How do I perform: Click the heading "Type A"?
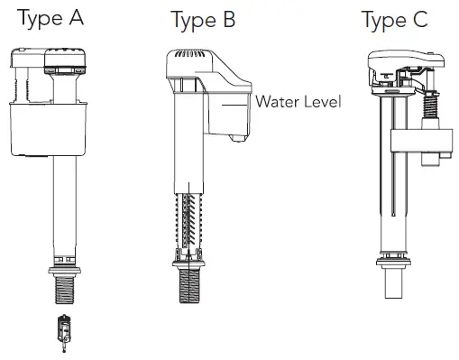pyautogui.click(x=50, y=18)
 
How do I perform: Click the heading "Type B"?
pyautogui.click(x=203, y=20)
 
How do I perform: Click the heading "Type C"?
pyautogui.click(x=395, y=20)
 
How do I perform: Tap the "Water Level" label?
pyautogui.click(x=298, y=101)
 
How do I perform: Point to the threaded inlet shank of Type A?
pyautogui.click(x=65, y=290)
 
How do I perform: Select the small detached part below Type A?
pyautogui.click(x=64, y=333)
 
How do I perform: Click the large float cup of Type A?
pyautogui.click(x=49, y=129)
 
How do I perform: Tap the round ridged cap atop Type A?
pyautogui.click(x=65, y=60)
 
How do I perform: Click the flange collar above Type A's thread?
pyautogui.click(x=64, y=271)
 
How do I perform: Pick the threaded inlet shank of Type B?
pyautogui.click(x=189, y=286)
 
